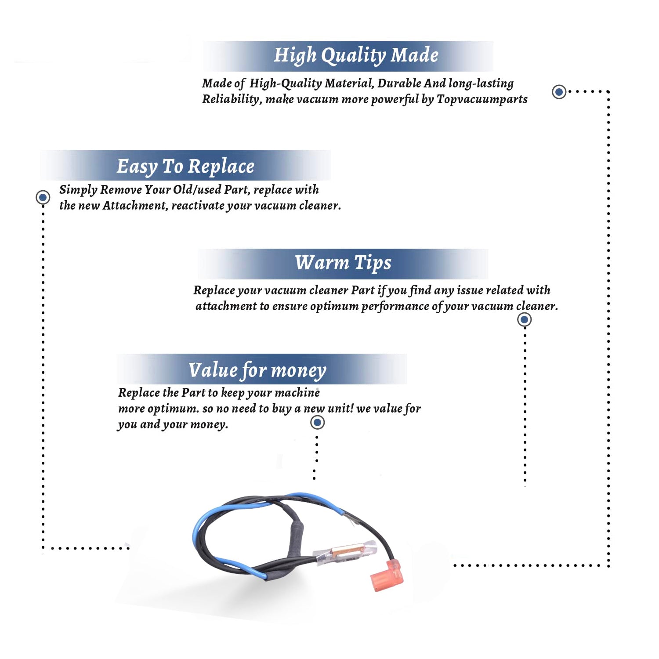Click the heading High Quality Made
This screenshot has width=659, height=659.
click(356, 56)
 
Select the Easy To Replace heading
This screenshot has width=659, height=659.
click(185, 167)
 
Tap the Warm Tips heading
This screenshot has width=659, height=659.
click(343, 263)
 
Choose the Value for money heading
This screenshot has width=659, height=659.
click(257, 370)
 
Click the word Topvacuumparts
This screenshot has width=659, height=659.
click(482, 99)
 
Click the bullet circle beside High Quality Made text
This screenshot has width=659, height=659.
click(559, 92)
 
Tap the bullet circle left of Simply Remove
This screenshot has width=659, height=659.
click(43, 197)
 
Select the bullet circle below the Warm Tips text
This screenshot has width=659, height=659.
click(524, 319)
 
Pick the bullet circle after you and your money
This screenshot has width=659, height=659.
click(317, 423)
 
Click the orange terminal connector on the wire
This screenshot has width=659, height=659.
click(387, 576)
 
